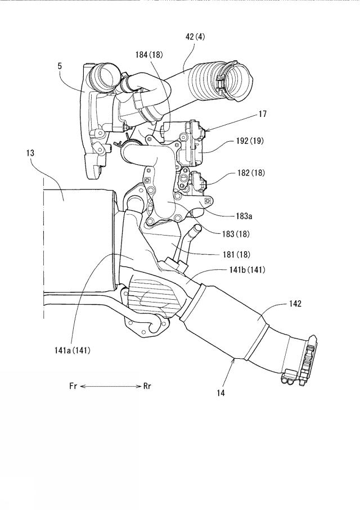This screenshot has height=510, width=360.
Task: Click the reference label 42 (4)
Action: coord(195,37)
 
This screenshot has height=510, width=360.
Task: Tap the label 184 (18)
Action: coord(148,55)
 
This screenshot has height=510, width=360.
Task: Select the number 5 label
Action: coord(60,66)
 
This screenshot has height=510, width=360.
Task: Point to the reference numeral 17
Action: coord(263,114)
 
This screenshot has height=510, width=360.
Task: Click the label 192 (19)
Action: coord(250,141)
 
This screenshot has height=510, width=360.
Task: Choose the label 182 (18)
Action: coord(251,173)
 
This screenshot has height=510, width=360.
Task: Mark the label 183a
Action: coord(244,216)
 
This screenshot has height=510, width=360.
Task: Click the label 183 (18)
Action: coord(236,233)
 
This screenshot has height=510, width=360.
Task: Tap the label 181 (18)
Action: coord(236,254)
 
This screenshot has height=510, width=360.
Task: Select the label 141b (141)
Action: coord(247,270)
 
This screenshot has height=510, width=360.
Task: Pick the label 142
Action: coord(295,304)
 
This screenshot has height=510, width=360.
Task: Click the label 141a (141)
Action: coord(72,350)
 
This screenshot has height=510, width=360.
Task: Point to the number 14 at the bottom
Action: coord(220,393)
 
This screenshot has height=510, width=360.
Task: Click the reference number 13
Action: coord(30,153)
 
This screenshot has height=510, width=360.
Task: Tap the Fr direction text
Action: coord(73,386)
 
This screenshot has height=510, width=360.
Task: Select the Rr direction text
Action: coord(147,386)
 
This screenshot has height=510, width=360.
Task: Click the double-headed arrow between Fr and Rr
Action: coord(110,386)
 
